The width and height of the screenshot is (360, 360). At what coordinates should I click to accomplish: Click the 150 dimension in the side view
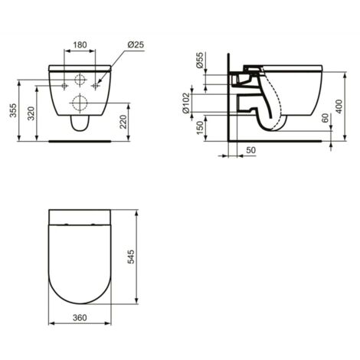pos(200,126)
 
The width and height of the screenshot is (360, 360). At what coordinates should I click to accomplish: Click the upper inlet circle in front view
pos(80,80)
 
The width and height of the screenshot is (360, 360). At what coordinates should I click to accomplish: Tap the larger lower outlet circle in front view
pos(80,102)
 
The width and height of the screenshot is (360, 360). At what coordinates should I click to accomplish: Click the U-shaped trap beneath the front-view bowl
pos(80,123)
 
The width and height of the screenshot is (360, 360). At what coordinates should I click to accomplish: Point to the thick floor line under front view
pos(80,141)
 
